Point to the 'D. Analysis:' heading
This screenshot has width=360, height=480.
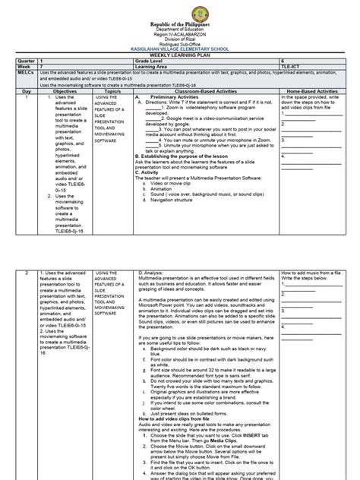152,271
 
